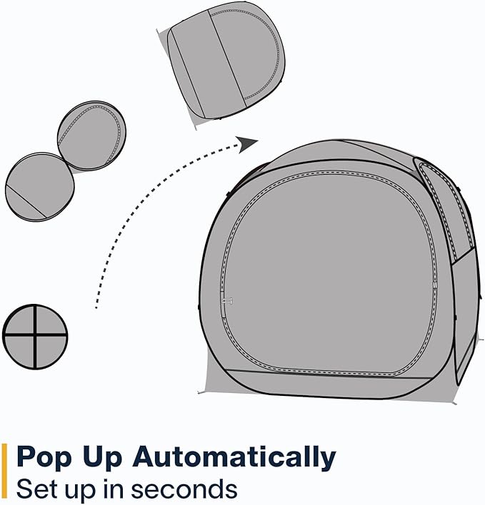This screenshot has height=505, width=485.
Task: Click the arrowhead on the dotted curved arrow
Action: (x=248, y=143)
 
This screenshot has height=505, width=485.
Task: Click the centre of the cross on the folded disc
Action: (x=35, y=337)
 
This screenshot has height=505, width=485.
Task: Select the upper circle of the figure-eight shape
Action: (x=91, y=136)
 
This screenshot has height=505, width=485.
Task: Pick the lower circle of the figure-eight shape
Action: (x=40, y=186)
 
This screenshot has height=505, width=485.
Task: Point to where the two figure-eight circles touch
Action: (x=67, y=162)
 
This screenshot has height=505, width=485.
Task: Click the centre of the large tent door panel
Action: (x=332, y=271)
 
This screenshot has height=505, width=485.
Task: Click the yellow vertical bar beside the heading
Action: (x=5, y=471)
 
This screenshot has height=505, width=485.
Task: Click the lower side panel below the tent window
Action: (x=464, y=307)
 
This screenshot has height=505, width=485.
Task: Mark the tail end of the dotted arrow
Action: (x=96, y=307)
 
